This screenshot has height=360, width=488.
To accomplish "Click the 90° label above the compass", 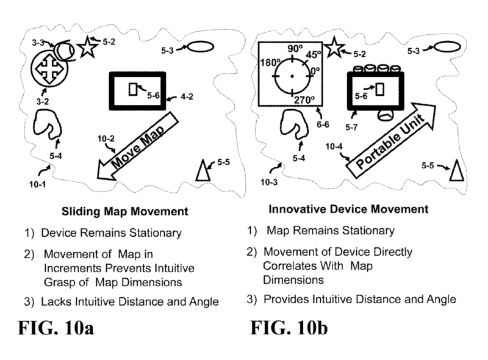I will coord(295,49).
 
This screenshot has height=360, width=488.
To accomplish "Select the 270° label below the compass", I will coord(303,99).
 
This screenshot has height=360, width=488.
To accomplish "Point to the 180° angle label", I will coord(269,62).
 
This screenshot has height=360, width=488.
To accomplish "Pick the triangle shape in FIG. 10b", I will coord(454,171).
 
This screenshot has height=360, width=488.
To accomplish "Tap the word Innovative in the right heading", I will coord(295,209).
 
